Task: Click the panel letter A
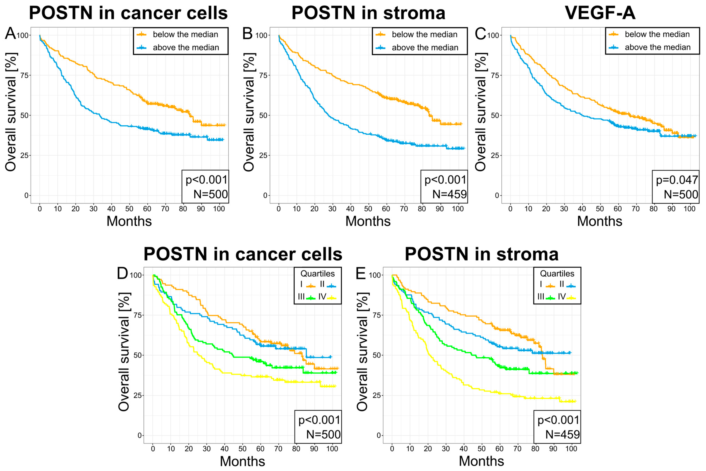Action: click(x=10, y=33)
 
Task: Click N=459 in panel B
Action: click(x=449, y=194)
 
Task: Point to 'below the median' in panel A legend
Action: click(x=185, y=34)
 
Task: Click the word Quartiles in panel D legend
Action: click(x=318, y=274)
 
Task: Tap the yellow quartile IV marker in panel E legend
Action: click(x=571, y=298)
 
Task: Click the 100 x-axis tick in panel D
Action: click(x=332, y=449)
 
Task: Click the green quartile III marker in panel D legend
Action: click(x=311, y=298)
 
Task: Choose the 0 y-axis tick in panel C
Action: click(x=497, y=195)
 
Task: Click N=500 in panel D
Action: click(x=323, y=434)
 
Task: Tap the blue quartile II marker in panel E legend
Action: click(x=571, y=286)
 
